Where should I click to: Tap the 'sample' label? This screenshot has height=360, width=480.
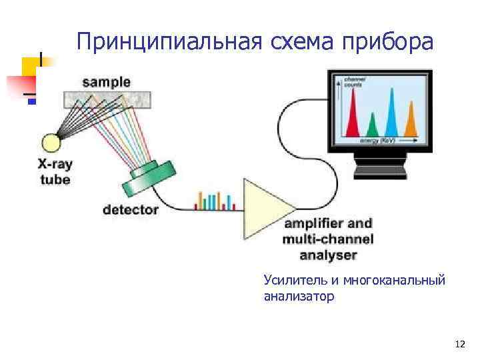(106, 83)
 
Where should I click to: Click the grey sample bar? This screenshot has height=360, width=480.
(107, 99)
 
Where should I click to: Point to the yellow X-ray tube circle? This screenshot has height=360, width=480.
(51, 143)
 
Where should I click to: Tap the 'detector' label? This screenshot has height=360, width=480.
(131, 210)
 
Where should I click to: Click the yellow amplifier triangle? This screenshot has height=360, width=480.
(267, 209)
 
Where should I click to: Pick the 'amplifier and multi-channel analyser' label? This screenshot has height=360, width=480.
(327, 239)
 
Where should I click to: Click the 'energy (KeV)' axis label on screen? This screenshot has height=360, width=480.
(377, 141)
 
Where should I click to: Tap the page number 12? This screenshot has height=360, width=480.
(459, 345)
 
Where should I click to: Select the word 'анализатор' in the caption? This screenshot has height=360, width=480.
(299, 297)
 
